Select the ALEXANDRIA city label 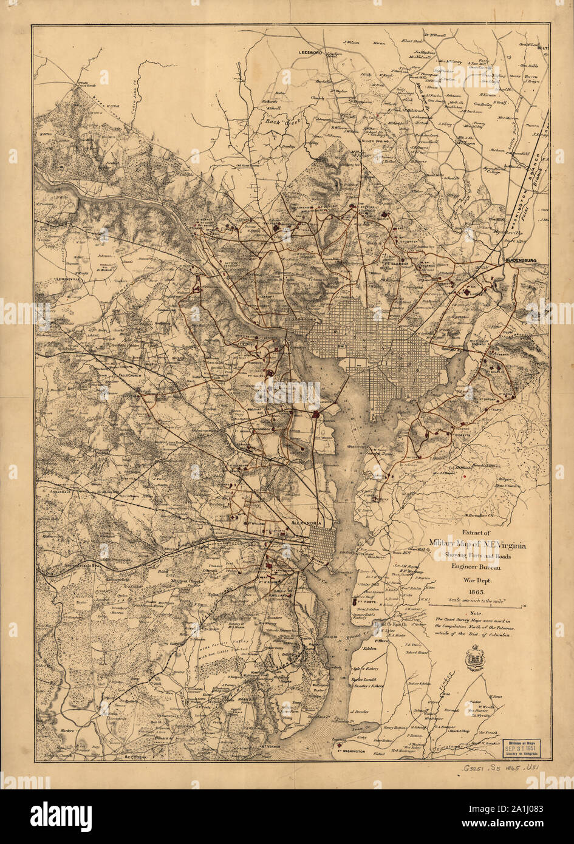click(310, 522)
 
